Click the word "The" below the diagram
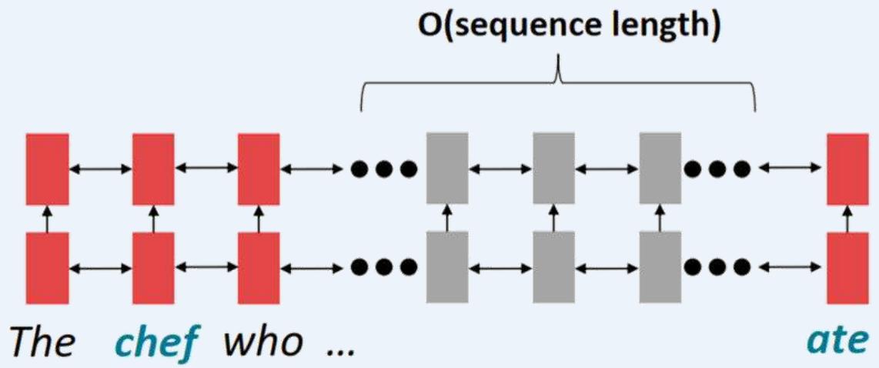point(42,340)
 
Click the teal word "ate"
point(847,340)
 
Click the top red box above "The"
point(47,168)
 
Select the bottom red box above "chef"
point(152,267)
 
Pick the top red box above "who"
point(258,168)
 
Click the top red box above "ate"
point(847,168)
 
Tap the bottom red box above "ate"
point(847,267)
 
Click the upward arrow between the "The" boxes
point(47,218)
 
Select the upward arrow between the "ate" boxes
point(847,218)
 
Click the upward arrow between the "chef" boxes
point(152,218)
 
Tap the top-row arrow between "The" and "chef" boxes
point(100,168)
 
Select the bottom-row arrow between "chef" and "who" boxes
point(206,267)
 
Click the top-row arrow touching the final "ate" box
point(791,168)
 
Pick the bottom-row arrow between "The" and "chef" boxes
point(100,267)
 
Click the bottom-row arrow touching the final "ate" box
point(791,267)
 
